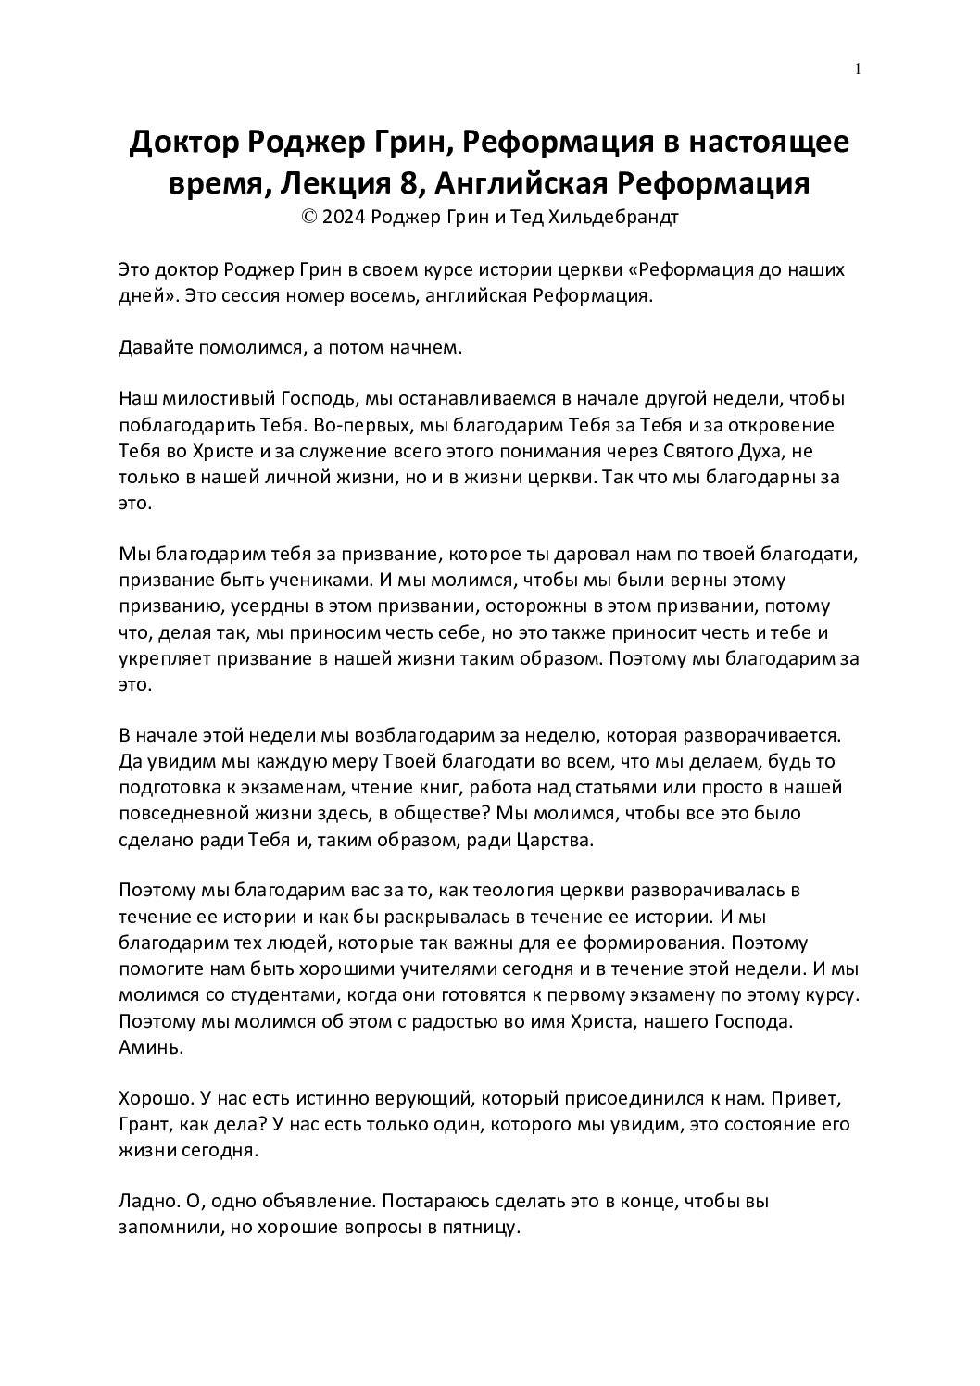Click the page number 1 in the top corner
point(860,69)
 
